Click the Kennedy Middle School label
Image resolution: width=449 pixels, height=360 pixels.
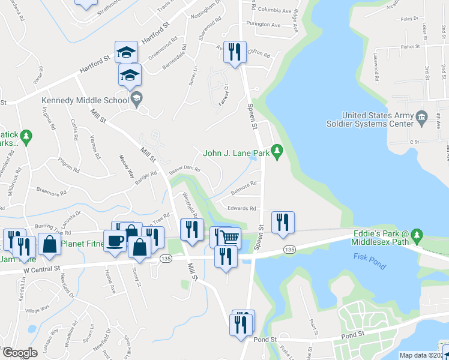point(85,101)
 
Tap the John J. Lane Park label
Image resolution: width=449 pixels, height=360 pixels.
point(236,154)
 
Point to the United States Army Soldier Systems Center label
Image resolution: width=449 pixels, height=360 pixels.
point(378,119)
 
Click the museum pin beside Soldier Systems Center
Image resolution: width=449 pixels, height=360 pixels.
point(422,116)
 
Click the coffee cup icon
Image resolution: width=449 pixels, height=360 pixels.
point(116,241)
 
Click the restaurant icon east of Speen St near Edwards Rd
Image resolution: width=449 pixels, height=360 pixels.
point(283,222)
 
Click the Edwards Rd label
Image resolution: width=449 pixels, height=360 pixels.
point(242,208)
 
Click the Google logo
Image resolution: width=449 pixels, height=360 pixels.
point(20,353)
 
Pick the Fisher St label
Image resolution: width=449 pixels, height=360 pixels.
point(411,46)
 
